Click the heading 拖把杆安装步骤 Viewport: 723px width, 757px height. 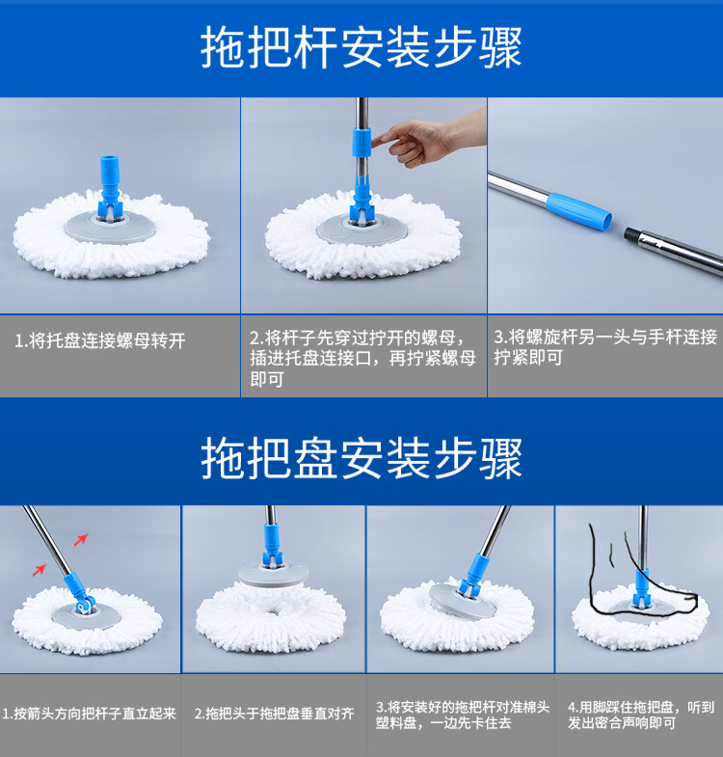361,47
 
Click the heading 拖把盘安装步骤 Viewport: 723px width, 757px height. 361,458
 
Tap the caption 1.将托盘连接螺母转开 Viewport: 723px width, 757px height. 100,340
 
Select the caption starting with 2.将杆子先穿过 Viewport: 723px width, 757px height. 362,358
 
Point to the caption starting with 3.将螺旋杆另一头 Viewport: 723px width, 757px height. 605,347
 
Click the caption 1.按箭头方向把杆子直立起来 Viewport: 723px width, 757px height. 90,713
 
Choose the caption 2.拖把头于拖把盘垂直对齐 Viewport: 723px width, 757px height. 274,713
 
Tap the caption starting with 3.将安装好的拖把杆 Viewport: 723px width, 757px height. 463,715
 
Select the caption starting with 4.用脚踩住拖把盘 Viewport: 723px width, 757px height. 640,715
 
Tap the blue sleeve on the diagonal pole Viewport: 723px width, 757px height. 579,211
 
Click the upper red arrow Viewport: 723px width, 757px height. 81,539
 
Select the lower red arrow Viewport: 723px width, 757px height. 40,570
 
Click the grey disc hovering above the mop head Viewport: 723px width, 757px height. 273,575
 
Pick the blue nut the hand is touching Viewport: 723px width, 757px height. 361,143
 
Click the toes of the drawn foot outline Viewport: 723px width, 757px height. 687,600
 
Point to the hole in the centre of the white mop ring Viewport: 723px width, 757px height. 274,612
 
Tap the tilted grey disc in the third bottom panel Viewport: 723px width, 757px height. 462,601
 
